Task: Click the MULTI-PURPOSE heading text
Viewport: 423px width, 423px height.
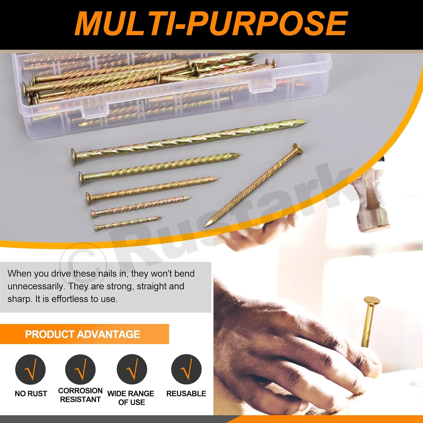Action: tap(211, 24)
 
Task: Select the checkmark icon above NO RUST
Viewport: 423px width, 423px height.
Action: tap(30, 369)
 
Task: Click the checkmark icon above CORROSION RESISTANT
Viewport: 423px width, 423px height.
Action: tap(80, 369)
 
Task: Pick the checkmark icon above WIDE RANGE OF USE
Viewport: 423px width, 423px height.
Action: tap(132, 369)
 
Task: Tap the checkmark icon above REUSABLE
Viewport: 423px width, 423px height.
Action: tap(186, 369)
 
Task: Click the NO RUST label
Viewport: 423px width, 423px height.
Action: tap(31, 393)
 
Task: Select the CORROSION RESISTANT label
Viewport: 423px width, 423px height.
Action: tap(80, 395)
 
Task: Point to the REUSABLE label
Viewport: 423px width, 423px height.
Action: tap(186, 393)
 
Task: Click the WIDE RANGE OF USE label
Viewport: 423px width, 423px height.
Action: tap(131, 398)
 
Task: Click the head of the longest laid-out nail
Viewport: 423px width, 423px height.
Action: tap(74, 157)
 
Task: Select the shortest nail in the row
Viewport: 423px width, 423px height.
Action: tap(128, 223)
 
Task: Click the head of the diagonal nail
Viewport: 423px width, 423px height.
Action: tap(298, 148)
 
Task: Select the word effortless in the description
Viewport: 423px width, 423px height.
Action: tap(69, 299)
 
